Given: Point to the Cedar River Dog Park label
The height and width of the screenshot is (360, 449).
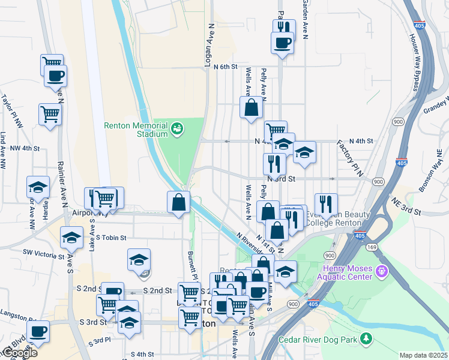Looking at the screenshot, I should (318, 340).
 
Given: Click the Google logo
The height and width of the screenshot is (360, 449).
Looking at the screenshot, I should (19, 353).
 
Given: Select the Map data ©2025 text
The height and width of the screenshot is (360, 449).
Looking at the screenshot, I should (423, 355).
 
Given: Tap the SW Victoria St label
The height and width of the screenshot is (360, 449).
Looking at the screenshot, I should (43, 253).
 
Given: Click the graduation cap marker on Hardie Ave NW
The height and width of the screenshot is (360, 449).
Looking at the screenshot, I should (38, 188).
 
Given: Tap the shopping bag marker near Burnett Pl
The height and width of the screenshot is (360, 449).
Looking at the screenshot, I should (179, 203).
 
